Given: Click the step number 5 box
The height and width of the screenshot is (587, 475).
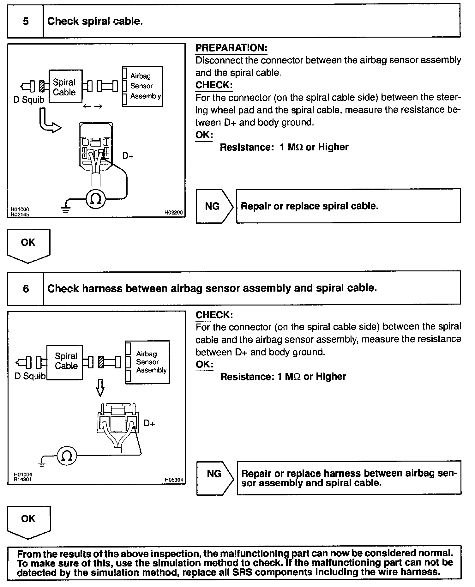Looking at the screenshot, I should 25,21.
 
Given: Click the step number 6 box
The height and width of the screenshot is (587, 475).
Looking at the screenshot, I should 26,288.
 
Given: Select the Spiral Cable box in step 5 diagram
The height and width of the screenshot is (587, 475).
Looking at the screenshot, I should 65,87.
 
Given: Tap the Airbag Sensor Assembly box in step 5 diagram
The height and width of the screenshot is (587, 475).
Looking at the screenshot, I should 143,86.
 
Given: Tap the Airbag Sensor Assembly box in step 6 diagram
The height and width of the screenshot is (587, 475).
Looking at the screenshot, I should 147,362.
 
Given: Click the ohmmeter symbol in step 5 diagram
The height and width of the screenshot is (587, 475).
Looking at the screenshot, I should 96,199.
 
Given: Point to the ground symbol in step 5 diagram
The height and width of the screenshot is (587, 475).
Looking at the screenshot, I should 66,209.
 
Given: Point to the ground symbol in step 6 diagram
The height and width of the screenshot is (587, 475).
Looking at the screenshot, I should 42,463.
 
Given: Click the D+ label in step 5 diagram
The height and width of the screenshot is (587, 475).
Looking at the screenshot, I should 128,156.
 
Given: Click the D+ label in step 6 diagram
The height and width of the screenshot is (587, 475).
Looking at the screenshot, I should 149,423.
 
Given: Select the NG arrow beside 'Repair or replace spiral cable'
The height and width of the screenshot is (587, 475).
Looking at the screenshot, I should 214,206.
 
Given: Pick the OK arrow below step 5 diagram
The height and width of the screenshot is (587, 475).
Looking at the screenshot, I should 28,245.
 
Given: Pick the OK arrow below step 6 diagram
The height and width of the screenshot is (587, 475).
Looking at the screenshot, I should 28,521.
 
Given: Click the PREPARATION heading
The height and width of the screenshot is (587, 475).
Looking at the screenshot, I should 231,48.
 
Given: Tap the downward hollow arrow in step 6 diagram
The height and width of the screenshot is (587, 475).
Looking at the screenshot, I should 100,387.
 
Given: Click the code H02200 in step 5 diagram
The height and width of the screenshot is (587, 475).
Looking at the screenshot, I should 173,213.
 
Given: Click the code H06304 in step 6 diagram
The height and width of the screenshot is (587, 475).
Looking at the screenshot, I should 174,480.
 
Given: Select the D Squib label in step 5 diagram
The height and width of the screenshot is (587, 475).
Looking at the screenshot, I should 29,100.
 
